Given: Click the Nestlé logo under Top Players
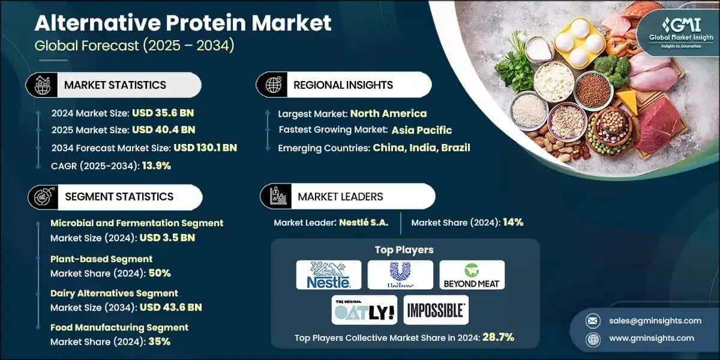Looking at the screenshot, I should click(329, 274).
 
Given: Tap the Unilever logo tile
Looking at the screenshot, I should click(400, 274).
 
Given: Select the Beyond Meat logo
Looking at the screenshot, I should click(472, 274).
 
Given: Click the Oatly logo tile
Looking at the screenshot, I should click(364, 310).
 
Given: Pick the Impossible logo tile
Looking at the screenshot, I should click(436, 310).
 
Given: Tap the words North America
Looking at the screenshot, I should click(388, 113).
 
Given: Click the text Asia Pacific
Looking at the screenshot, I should click(421, 130).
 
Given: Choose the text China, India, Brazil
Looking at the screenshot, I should click(421, 148).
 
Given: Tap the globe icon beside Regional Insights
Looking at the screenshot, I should click(273, 85).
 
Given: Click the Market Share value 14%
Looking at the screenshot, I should click(514, 222).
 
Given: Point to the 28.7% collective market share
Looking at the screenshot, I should click(498, 337).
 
